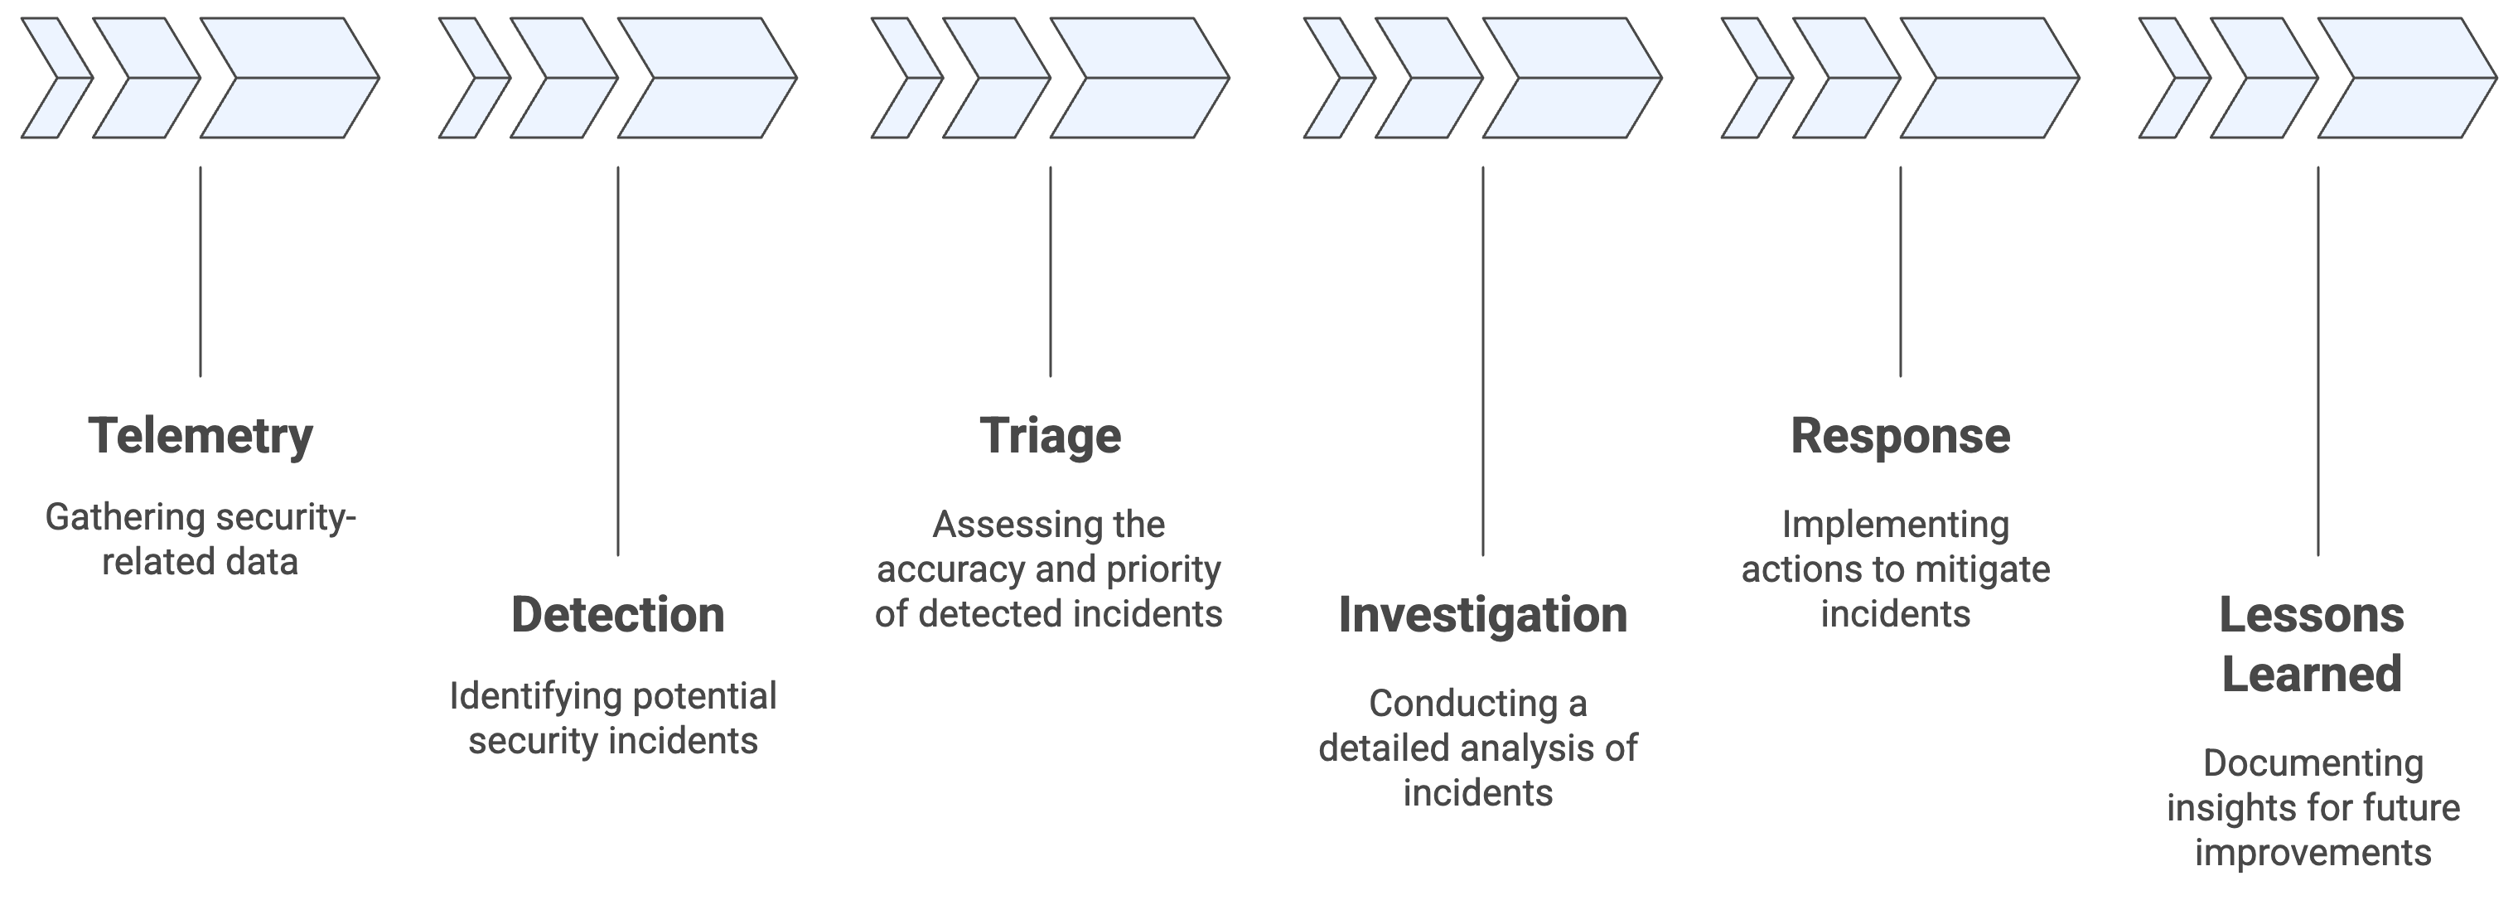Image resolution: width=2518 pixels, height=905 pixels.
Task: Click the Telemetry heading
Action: (201, 436)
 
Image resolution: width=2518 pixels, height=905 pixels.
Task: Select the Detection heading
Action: (618, 615)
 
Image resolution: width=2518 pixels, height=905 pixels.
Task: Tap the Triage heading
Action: (1050, 436)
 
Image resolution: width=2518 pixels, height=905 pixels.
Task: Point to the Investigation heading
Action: (1481, 615)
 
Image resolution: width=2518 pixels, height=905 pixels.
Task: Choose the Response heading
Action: (1899, 436)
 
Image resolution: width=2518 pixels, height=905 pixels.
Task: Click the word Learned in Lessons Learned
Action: (2311, 675)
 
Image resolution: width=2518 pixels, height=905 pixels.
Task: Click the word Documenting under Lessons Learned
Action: (2313, 763)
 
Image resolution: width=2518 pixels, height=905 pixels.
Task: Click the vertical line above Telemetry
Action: (201, 272)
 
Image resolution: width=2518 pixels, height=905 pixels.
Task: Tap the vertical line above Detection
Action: (618, 361)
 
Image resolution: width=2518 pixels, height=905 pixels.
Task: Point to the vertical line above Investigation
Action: (1483, 361)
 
